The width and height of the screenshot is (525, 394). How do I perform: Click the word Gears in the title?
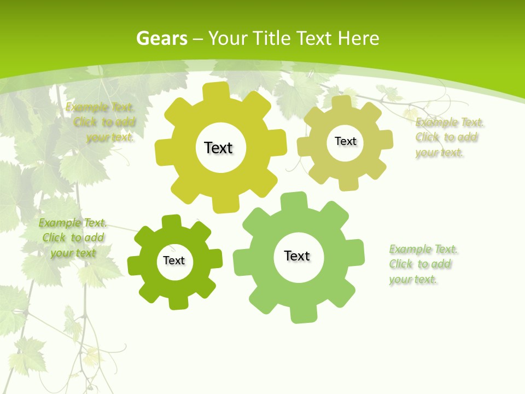(161, 38)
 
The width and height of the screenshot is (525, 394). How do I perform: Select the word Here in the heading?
(359, 38)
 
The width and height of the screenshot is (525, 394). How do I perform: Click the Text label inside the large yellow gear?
(218, 148)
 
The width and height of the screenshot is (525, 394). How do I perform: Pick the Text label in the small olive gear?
(345, 141)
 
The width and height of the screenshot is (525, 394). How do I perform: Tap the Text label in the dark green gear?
(174, 260)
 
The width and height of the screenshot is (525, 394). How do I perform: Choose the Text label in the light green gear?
(297, 256)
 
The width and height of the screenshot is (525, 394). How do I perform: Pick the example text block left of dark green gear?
(73, 237)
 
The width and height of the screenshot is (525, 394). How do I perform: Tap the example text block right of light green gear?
(422, 264)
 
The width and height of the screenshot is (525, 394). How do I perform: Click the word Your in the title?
(228, 38)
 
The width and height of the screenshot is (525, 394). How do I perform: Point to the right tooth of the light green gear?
(355, 252)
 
